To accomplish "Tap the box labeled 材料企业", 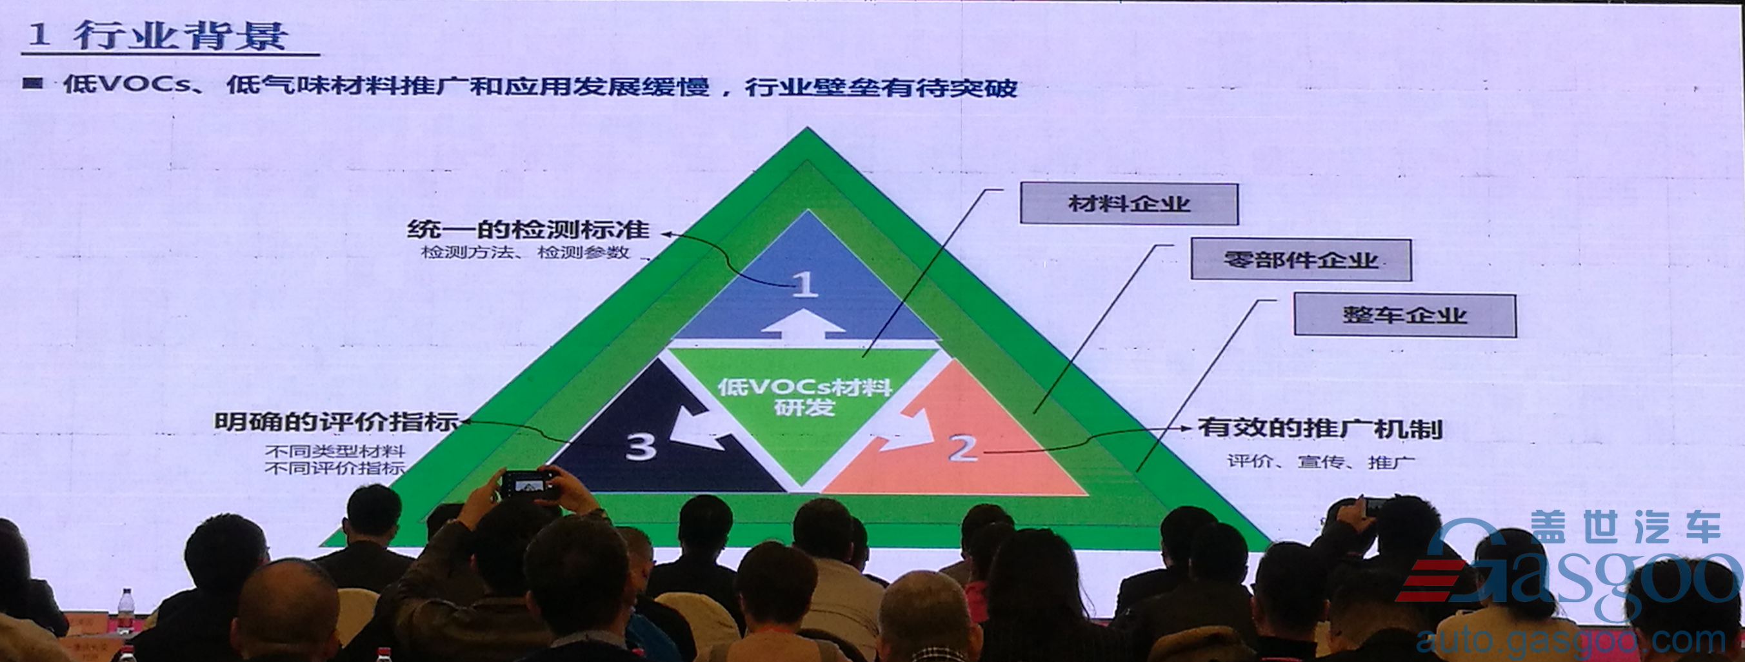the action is (1129, 203).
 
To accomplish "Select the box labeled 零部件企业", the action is (1301, 259).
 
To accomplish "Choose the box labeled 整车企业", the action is (1405, 315).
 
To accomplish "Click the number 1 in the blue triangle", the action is (804, 285).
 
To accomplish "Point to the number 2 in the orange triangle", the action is (963, 447).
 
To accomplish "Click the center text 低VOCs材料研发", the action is (804, 397).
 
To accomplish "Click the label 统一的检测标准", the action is (528, 229).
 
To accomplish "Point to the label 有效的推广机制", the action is (1321, 428).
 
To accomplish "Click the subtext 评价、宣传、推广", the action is (1322, 462).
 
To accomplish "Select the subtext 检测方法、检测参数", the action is (525, 253).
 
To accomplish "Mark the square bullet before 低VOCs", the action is (32, 83).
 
